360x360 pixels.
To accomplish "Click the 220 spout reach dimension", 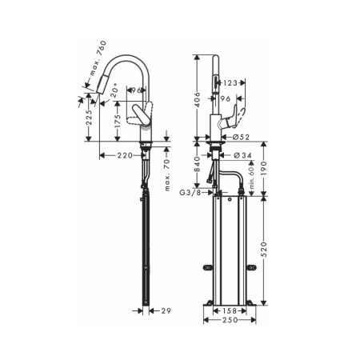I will tap(123, 156).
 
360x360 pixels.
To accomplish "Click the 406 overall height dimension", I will tap(198, 98).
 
